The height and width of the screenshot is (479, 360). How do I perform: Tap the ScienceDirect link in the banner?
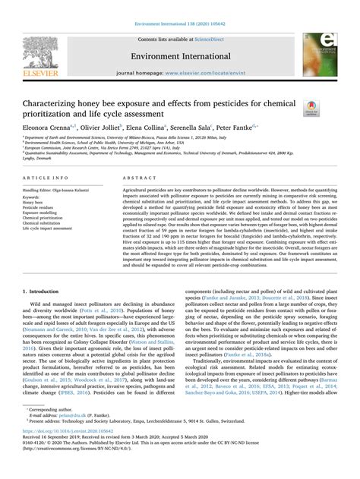[x=213, y=37]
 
